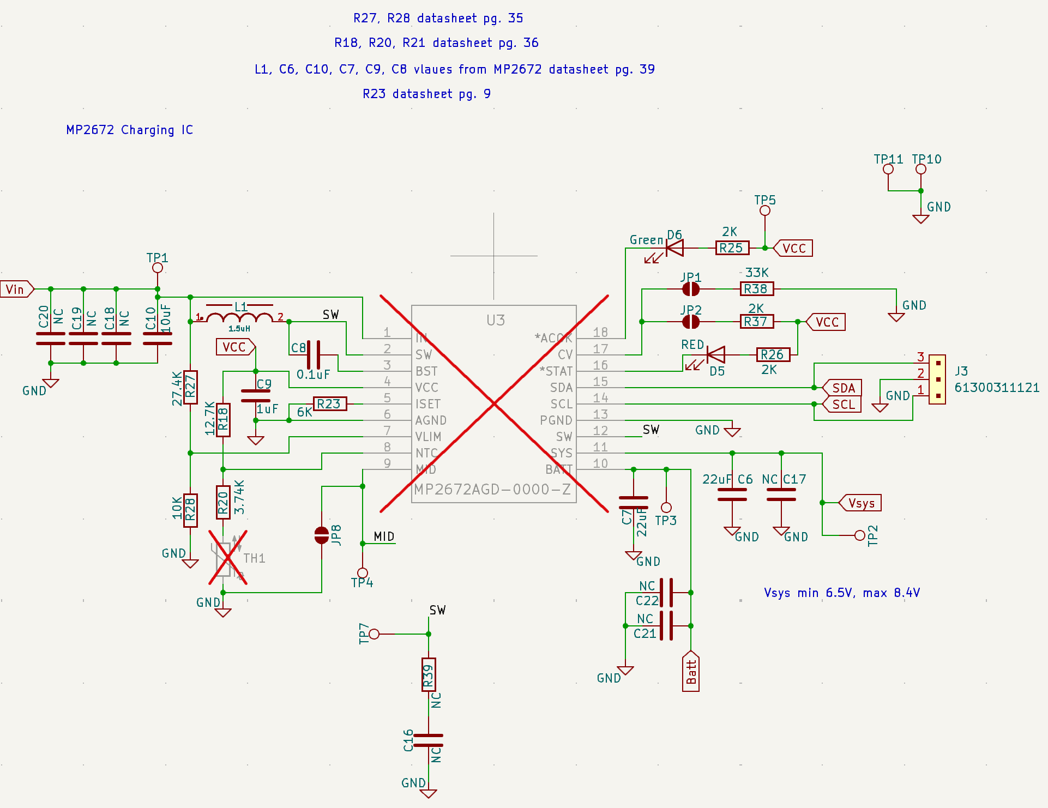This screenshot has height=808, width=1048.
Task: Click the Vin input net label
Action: [x=16, y=289]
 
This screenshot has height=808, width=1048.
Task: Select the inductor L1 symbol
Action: [x=240, y=317]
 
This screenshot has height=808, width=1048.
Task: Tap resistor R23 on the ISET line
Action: [x=329, y=404]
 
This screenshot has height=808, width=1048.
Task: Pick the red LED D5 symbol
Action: [x=715, y=355]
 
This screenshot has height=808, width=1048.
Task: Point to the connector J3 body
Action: [x=937, y=379]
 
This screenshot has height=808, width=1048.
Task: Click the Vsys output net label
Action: [x=860, y=503]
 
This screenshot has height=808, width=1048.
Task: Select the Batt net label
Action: [x=691, y=672]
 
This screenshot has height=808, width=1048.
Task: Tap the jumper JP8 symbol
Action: [x=322, y=535]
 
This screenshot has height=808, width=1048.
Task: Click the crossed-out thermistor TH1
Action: [x=228, y=558]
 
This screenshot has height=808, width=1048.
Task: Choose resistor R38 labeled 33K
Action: [x=756, y=289]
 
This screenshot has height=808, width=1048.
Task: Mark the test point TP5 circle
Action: [x=765, y=210]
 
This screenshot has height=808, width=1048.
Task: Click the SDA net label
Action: [x=843, y=388]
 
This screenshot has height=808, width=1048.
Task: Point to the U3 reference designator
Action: [x=496, y=320]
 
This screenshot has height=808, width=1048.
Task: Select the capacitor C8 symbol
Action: [x=314, y=355]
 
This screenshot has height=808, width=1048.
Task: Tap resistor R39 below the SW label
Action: [x=429, y=675]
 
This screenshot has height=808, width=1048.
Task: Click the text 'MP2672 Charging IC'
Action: [x=130, y=130]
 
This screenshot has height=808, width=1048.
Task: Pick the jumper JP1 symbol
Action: [x=691, y=289]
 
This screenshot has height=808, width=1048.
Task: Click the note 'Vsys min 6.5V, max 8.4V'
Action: [x=842, y=593]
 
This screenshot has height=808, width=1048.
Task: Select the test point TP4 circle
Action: [x=363, y=573]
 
